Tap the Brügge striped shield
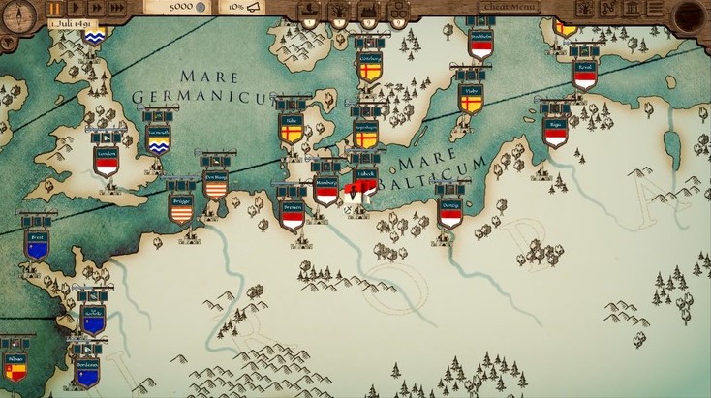[181, 207]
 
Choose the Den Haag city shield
[215, 185]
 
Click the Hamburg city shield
[326, 189]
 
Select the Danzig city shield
[449, 213]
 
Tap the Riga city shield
[555, 131]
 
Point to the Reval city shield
[584, 74]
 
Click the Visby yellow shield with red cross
[471, 98]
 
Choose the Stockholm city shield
[481, 45]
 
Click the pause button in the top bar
[55, 8]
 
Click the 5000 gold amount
[181, 7]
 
